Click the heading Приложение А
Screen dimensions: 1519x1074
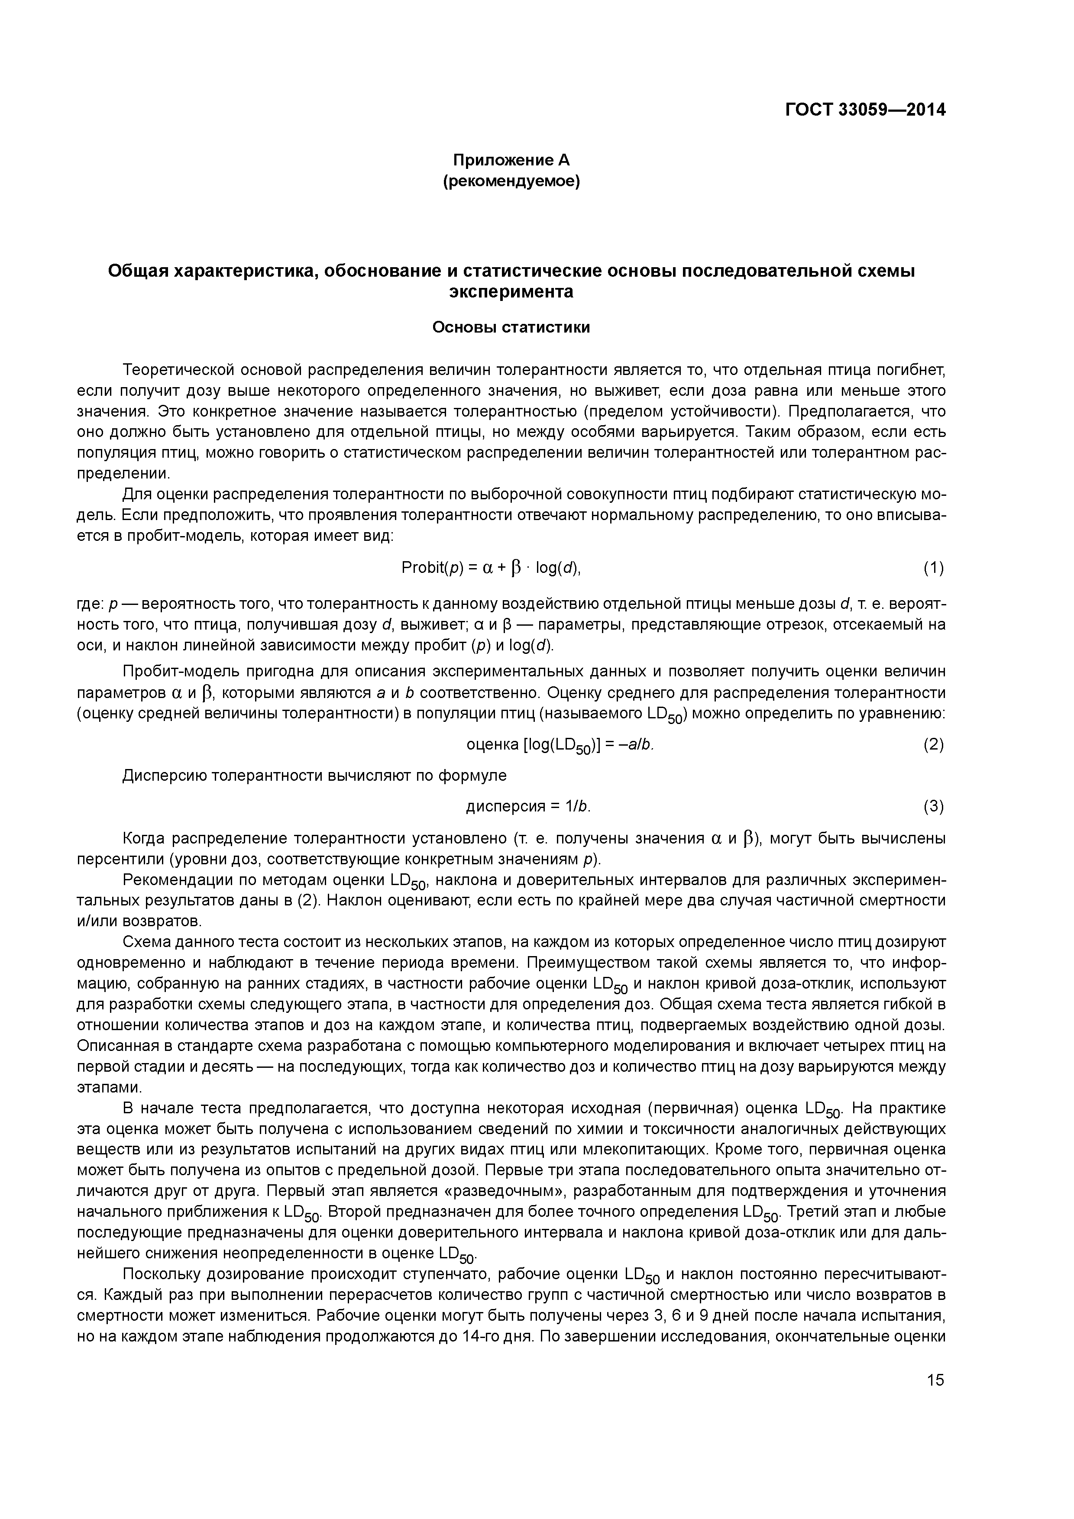pyautogui.click(x=510, y=160)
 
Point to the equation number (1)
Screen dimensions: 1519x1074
pyautogui.click(x=933, y=568)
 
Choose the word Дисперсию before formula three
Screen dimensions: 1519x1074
pyautogui.click(x=165, y=776)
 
